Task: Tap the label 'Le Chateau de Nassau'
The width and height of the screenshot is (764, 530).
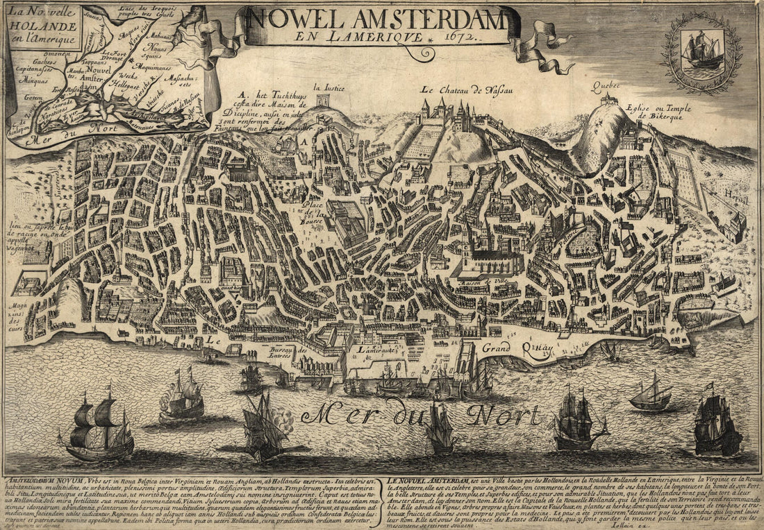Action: pos(460,89)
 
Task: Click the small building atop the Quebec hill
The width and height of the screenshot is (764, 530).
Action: pos(609,100)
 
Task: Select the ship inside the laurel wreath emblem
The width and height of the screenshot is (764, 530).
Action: pos(701,51)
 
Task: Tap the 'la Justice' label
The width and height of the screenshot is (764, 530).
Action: pos(329,87)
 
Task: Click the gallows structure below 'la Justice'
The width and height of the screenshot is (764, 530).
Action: pos(322,100)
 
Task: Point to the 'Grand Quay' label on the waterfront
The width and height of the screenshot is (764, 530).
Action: pos(509,347)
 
